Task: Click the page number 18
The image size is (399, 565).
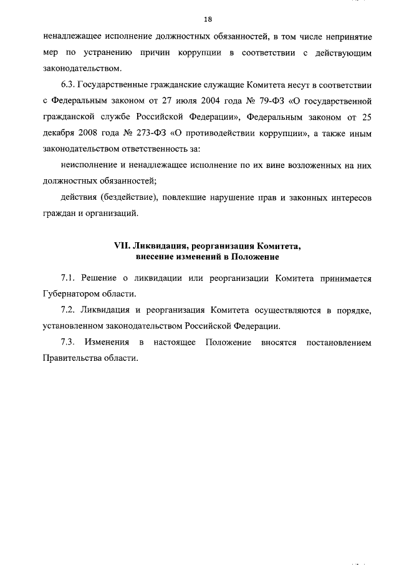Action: click(x=208, y=19)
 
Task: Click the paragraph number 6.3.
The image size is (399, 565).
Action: click(x=70, y=86)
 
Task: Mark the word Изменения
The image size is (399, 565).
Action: click(x=108, y=343)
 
